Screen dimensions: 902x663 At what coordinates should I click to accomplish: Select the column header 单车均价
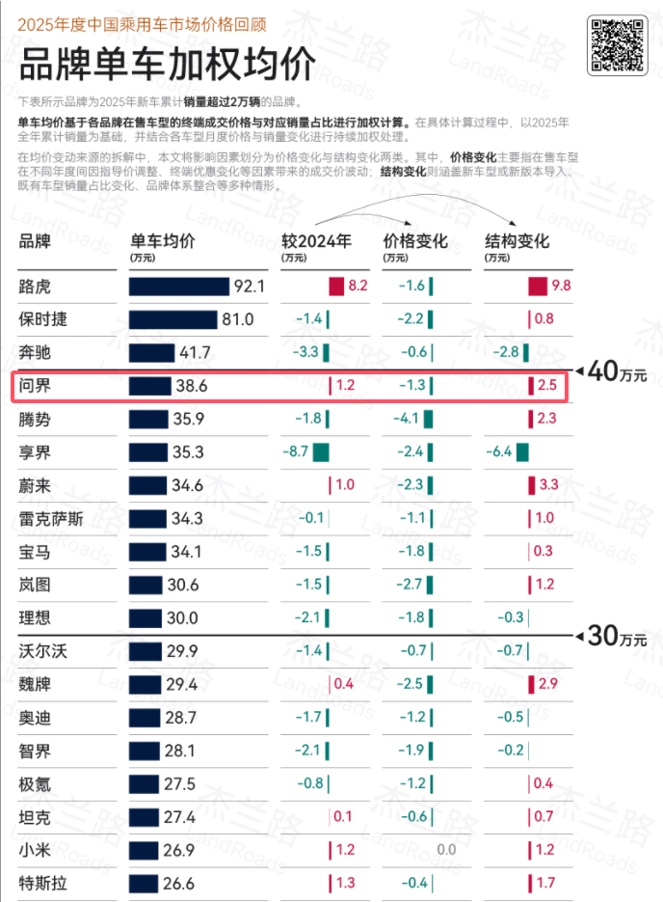tap(162, 240)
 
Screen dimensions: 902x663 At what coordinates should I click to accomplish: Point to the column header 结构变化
tap(517, 240)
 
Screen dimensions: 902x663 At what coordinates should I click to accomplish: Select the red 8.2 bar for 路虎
tap(335, 286)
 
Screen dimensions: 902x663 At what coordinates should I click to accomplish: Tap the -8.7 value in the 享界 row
tap(295, 451)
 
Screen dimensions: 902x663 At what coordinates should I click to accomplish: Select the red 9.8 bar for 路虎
tap(538, 286)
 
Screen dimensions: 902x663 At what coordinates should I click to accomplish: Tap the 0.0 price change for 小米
tap(445, 849)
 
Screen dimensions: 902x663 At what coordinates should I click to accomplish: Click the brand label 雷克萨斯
tap(51, 518)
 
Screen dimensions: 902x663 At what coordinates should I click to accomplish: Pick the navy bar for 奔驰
tap(151, 352)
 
